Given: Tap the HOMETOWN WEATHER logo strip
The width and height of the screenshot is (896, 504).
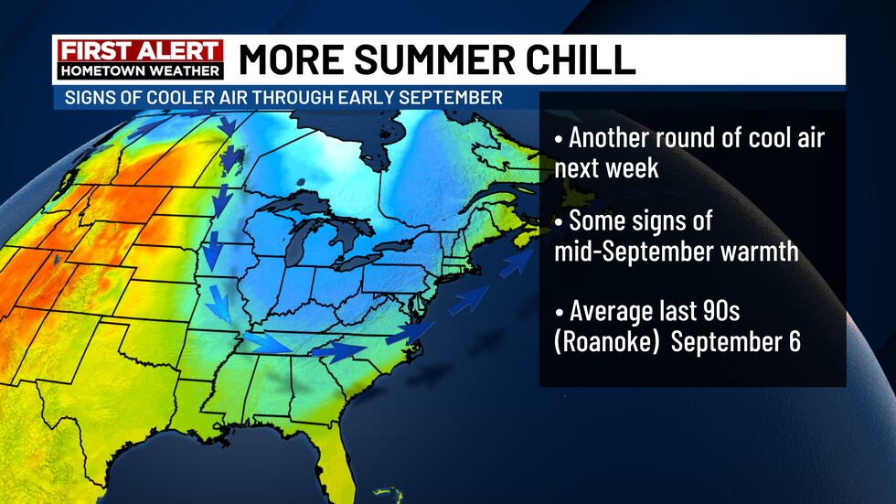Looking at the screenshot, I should point(140,70).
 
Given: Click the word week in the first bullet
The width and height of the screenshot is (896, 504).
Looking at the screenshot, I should point(632,168).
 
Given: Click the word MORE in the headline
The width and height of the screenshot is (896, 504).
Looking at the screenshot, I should point(282,59).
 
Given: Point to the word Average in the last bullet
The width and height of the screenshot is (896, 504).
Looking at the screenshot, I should point(612,310).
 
